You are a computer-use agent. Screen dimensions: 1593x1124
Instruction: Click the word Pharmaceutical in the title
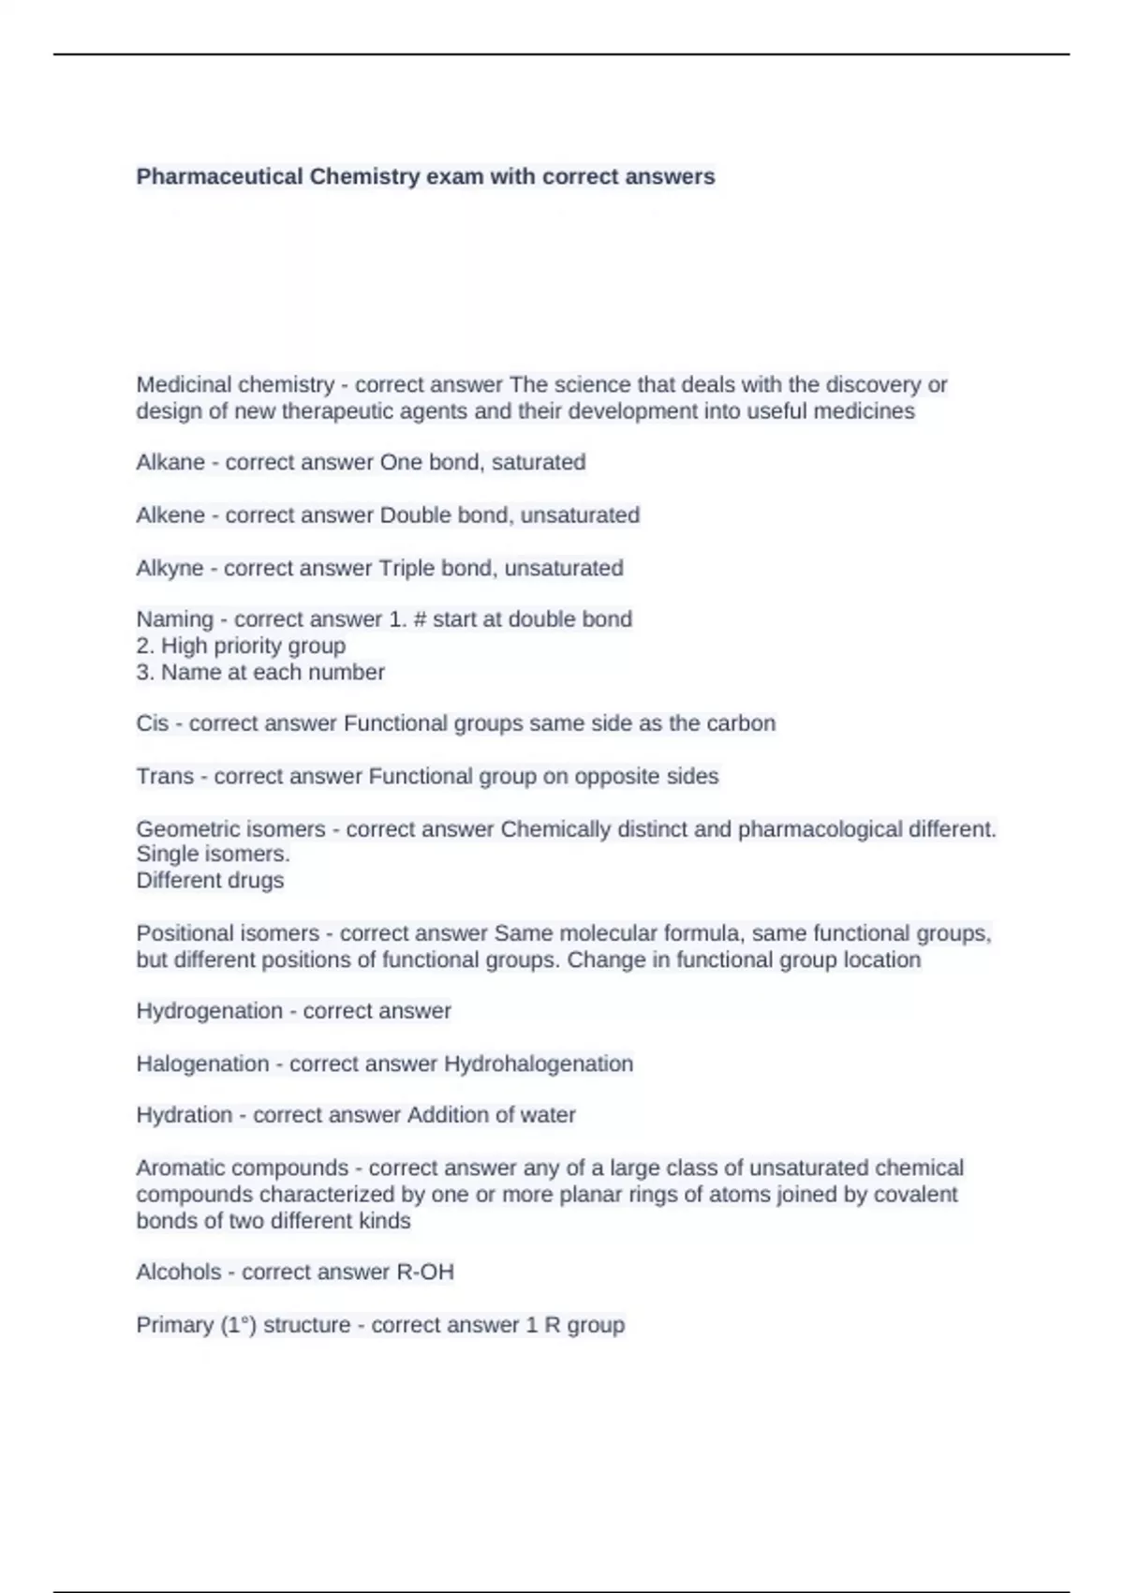pyautogui.click(x=219, y=176)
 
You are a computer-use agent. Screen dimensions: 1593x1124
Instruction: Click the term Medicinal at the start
pyautogui.click(x=183, y=384)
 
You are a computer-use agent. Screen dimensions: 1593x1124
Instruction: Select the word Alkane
pyautogui.click(x=170, y=462)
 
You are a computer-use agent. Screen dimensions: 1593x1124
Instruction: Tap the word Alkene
pyautogui.click(x=170, y=514)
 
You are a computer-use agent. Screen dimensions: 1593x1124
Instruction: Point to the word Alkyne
pyautogui.click(x=170, y=568)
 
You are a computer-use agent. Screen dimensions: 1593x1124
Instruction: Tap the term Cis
pyautogui.click(x=152, y=723)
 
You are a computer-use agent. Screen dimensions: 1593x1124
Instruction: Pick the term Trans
pyautogui.click(x=165, y=776)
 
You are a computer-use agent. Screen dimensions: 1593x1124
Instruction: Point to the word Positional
pyautogui.click(x=187, y=933)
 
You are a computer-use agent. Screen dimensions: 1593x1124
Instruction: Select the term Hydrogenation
pyautogui.click(x=209, y=1011)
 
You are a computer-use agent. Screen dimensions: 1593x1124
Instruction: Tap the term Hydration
pyautogui.click(x=184, y=1115)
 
